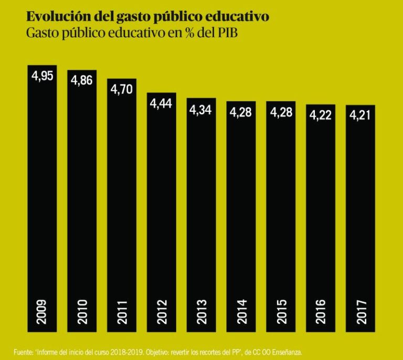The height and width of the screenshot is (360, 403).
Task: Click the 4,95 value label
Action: (43, 76)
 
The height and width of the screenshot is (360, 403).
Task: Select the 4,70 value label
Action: (122, 89)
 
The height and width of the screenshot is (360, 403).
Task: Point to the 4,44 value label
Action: (162, 103)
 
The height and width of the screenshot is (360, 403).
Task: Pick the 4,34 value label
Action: (201, 110)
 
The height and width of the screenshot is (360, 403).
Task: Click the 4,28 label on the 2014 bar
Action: (241, 112)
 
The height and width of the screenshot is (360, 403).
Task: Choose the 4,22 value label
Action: (320, 115)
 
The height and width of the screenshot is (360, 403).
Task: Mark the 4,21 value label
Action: (360, 115)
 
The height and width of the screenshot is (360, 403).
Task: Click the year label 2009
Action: (43, 311)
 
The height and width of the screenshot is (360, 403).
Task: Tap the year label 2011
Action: (122, 311)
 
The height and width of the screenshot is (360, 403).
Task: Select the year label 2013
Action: (201, 311)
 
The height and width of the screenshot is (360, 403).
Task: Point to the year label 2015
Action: (281, 311)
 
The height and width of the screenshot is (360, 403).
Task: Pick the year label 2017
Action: (360, 311)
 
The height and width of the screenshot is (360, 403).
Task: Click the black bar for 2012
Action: (162, 210)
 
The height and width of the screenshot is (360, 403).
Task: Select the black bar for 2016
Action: (320, 210)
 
